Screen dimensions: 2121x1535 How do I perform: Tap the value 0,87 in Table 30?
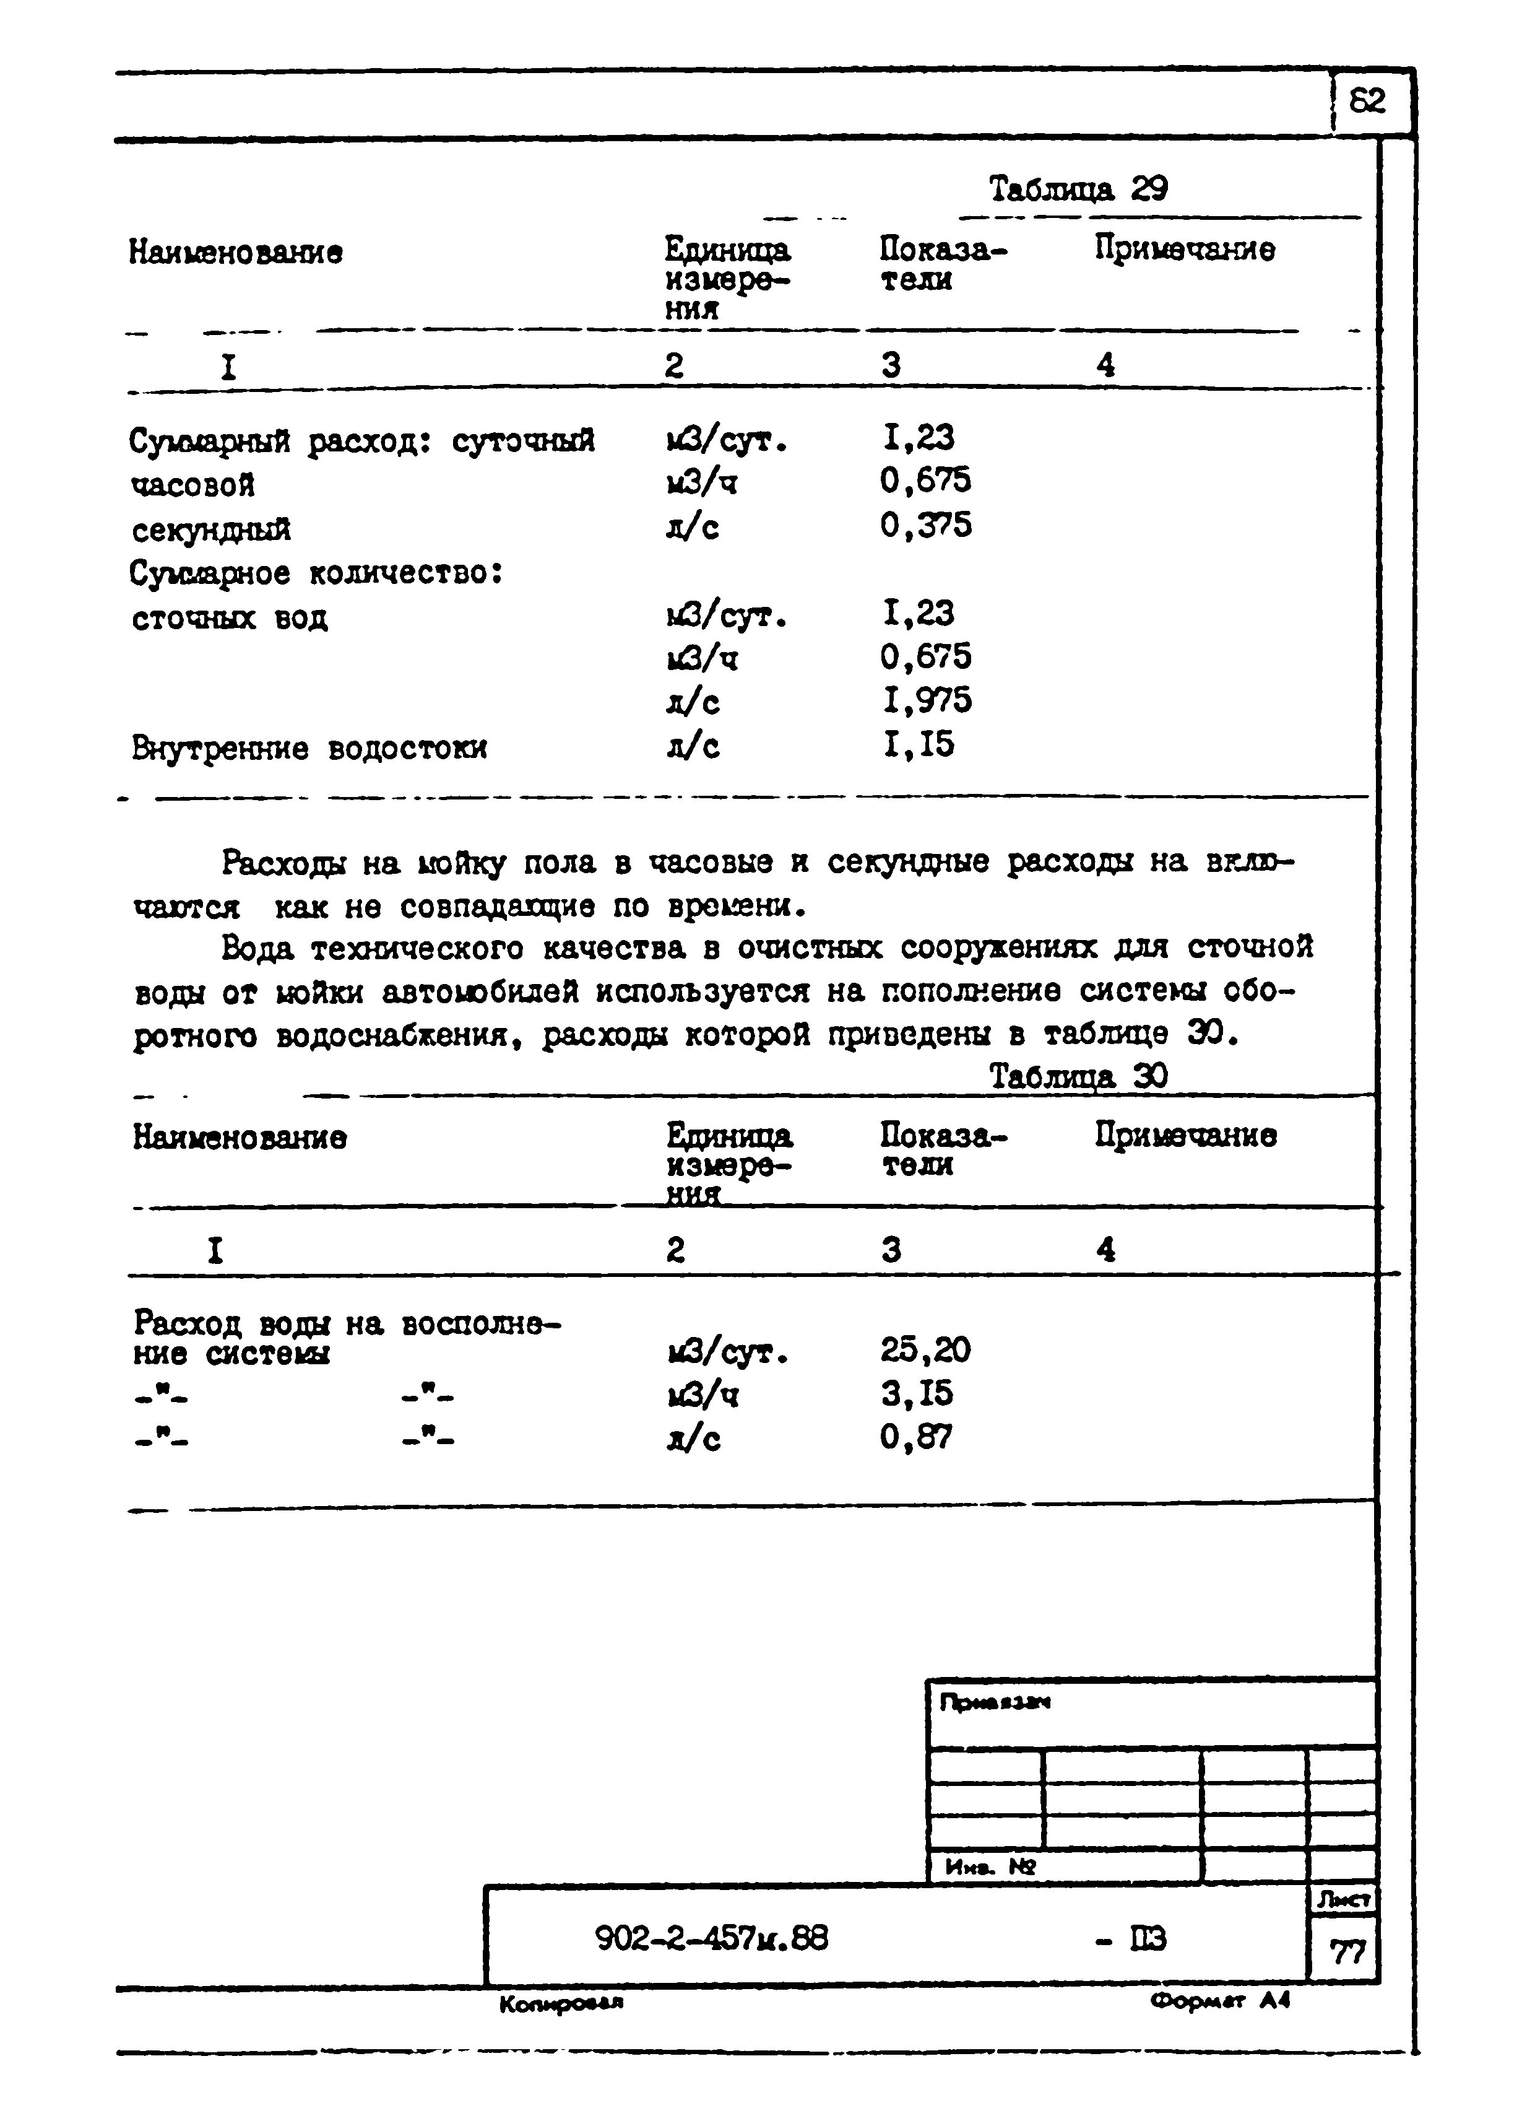coord(915,1437)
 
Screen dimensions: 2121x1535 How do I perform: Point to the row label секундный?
coord(211,530)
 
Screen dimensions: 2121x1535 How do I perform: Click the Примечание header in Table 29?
coord(1185,250)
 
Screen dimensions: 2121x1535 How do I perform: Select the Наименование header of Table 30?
coord(240,1137)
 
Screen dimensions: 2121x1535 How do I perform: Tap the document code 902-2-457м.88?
coord(711,1939)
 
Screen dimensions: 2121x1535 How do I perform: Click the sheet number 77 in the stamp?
coord(1346,1953)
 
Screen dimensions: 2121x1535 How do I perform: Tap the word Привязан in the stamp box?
coord(995,1703)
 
